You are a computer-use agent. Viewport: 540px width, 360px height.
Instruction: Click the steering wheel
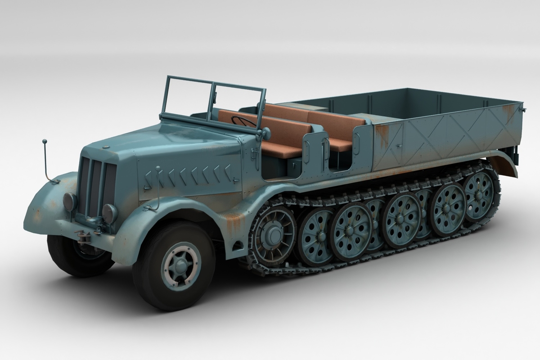click(x=243, y=121)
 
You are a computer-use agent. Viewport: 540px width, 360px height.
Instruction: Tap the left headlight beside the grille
click(x=70, y=201)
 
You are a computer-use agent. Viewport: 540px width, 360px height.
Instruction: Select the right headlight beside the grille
click(x=109, y=213)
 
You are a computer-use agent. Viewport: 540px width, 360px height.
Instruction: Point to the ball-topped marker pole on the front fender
click(x=45, y=142)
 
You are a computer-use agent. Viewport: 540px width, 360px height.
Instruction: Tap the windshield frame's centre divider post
click(x=211, y=101)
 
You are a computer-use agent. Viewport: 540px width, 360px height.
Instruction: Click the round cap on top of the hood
click(x=105, y=147)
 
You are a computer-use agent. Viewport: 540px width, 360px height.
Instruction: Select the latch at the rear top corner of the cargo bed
click(x=522, y=108)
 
